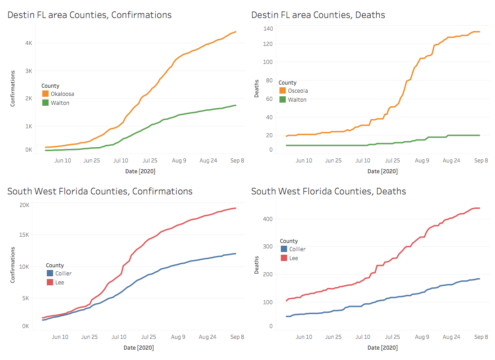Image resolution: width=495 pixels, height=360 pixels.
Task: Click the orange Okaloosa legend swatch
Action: pos(45,94)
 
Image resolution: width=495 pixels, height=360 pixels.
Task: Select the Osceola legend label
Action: pos(298,91)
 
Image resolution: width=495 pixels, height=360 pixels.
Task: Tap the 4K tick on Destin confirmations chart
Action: pos(28,43)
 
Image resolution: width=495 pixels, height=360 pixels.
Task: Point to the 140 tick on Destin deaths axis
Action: pos(268,29)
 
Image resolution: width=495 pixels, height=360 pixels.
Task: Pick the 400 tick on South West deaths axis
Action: pos(268,219)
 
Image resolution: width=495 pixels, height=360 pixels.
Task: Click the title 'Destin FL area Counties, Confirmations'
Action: pos(89,15)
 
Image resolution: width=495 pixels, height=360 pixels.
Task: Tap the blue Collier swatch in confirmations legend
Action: pos(49,273)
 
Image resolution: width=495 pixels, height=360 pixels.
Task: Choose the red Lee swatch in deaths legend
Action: pos(283,258)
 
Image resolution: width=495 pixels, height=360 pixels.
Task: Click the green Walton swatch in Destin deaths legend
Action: pos(283,99)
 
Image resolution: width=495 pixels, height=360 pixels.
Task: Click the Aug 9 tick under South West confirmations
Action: pos(178,337)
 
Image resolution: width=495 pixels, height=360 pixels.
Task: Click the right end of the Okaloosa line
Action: pos(236,32)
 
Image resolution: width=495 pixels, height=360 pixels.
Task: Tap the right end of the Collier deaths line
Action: pos(479,279)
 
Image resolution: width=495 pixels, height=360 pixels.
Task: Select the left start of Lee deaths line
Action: pos(287,301)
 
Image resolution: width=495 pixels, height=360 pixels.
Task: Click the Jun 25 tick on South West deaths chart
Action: pos(333,337)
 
